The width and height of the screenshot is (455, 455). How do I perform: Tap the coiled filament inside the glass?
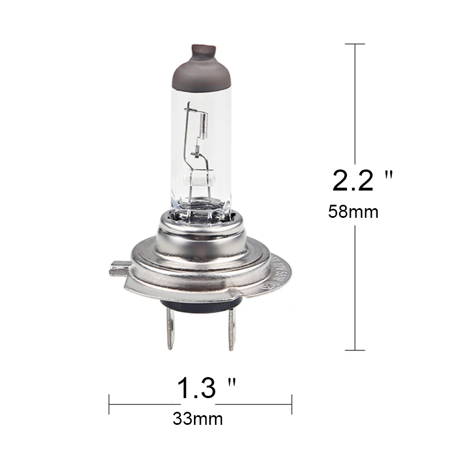click(204, 122)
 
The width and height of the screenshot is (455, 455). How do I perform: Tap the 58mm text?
click(353, 212)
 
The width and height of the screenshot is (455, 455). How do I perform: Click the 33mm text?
click(197, 419)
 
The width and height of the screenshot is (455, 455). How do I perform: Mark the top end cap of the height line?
click(355, 44)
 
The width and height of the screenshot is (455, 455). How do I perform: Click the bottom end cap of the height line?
click(355, 350)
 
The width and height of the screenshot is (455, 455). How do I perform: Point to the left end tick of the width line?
click(109, 404)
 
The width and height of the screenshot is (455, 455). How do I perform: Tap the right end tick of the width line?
click(292, 404)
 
